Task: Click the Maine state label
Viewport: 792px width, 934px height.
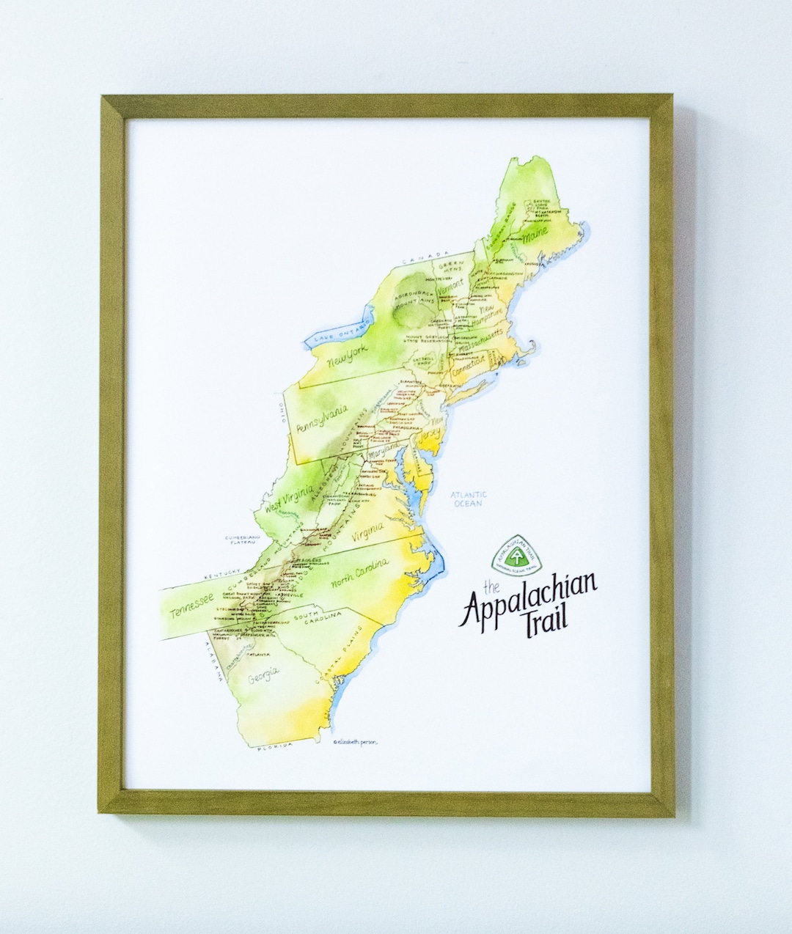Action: tap(536, 236)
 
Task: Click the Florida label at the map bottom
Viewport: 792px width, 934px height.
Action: tap(274, 745)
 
